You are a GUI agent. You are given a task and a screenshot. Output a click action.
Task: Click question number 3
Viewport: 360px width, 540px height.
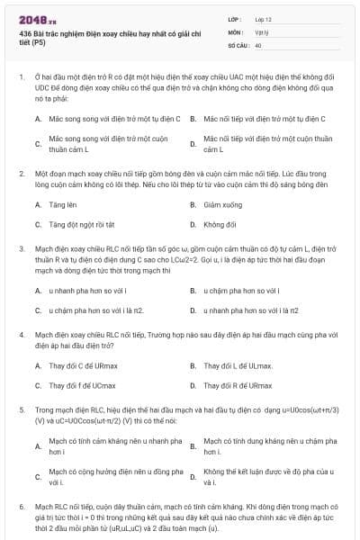click(22, 247)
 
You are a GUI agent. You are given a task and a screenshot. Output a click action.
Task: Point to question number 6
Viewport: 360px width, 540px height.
click(22, 508)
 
